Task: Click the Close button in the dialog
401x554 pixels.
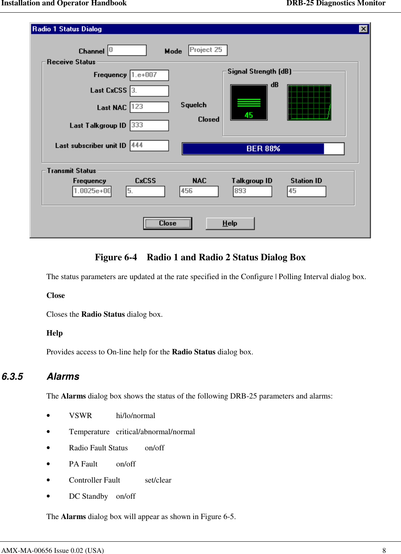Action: coord(168,223)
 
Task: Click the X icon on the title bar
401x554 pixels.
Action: coord(363,29)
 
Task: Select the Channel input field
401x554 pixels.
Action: coord(127,50)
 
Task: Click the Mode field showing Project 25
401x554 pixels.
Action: coord(208,50)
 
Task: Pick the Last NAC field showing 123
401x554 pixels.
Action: coord(149,107)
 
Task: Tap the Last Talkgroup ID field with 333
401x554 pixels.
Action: coord(149,125)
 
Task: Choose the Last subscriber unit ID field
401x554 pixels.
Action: coord(149,146)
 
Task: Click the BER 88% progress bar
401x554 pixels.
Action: coord(263,149)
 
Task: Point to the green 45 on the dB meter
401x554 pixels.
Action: coord(249,115)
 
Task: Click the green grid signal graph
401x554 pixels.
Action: coord(309,103)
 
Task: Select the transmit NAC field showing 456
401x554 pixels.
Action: coord(199,191)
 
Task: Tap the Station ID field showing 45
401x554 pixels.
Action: coord(306,191)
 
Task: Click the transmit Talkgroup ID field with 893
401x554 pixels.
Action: coord(252,191)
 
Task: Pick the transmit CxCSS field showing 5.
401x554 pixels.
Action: coord(145,191)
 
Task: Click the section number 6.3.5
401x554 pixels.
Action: coord(12,377)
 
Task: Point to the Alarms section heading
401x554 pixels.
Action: coord(63,377)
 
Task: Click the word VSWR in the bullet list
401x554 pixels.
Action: coord(81,416)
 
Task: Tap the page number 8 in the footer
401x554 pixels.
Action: coord(384,550)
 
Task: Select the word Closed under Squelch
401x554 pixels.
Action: coord(209,119)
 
